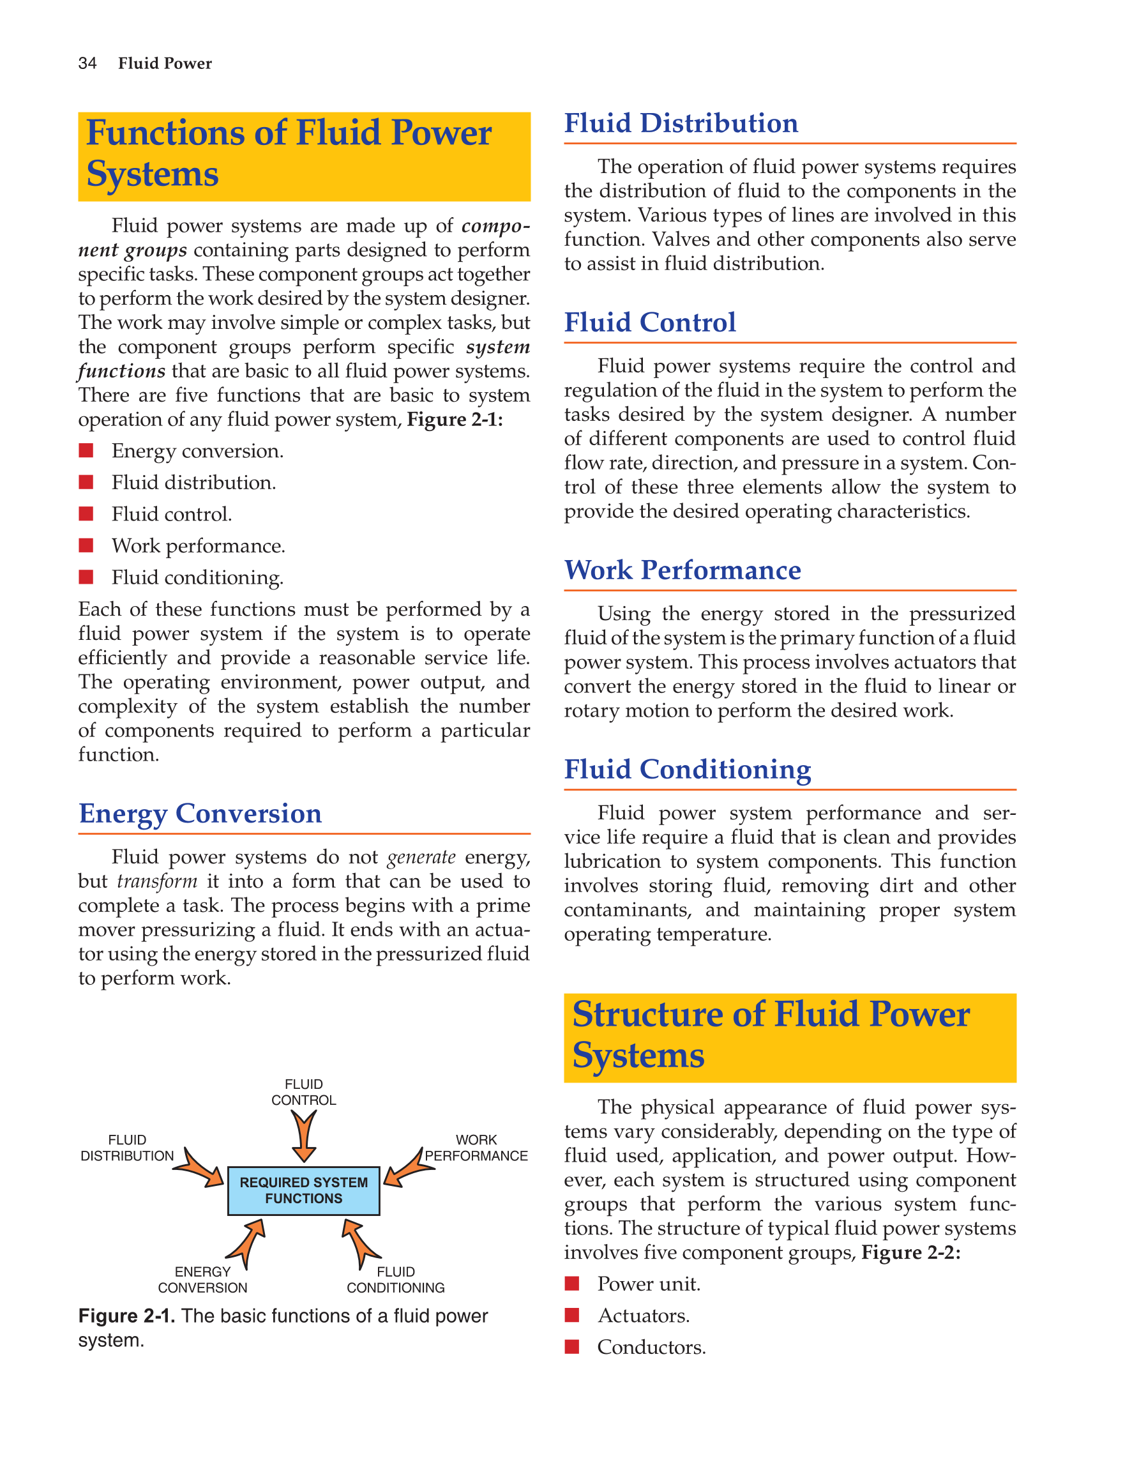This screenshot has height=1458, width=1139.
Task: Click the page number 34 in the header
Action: [x=87, y=63]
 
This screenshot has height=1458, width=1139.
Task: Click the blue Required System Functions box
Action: [x=304, y=1190]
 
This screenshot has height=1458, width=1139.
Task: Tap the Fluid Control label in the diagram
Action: [x=304, y=1092]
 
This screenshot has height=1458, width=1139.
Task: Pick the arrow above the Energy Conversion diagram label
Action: [x=248, y=1242]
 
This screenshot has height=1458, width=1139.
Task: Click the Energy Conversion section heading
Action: [x=200, y=813]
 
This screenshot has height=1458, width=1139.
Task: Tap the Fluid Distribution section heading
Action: [x=681, y=123]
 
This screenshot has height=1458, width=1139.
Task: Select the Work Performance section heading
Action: [x=683, y=570]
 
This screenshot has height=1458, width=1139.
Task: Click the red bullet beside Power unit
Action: [x=572, y=1283]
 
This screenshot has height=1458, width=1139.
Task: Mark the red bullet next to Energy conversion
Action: [x=86, y=451]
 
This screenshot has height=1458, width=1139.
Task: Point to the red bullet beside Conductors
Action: [x=572, y=1346]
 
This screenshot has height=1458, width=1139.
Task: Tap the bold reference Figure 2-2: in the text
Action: [x=911, y=1252]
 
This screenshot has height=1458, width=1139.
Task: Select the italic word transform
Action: [x=157, y=881]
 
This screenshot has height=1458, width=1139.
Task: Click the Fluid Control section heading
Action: [x=650, y=323]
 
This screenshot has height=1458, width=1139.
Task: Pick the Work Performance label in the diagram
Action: [x=476, y=1148]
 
